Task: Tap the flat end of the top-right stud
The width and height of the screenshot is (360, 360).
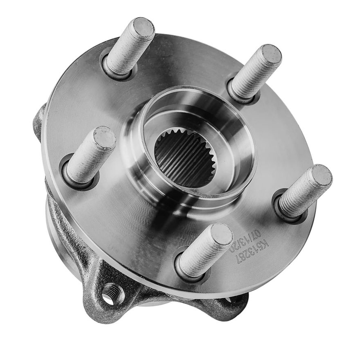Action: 271,55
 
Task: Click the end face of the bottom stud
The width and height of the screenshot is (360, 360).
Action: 221,234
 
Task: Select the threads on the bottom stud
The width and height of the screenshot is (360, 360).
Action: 200,254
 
